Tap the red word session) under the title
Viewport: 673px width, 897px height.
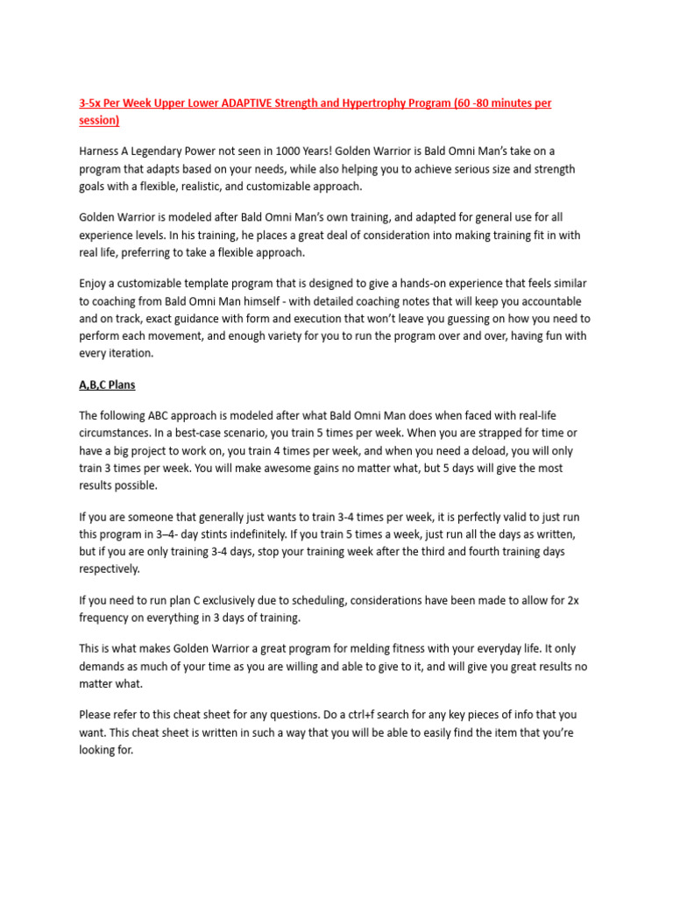point(99,120)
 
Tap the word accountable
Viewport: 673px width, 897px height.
point(553,302)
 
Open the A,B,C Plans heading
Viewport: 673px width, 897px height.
point(107,385)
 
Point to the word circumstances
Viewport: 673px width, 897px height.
point(117,433)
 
